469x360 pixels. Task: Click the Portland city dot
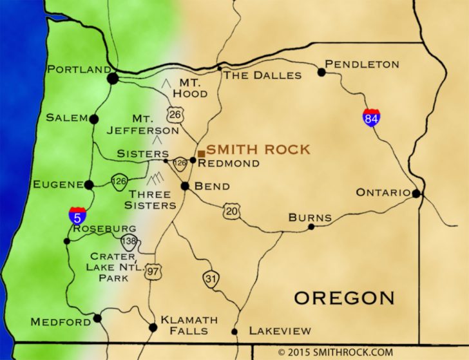[113, 79]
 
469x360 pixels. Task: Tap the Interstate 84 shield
[370, 117]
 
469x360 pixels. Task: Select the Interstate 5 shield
[76, 216]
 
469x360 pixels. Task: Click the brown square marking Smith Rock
[201, 153]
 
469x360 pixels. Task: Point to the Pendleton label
[362, 64]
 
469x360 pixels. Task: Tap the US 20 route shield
[231, 211]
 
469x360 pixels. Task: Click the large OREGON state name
[344, 298]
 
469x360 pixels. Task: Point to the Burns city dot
[311, 227]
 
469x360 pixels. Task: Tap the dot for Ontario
[417, 193]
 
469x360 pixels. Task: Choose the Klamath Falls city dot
[153, 327]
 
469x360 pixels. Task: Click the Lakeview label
[280, 331]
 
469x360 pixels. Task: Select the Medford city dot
[97, 318]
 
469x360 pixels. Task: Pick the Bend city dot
[185, 186]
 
